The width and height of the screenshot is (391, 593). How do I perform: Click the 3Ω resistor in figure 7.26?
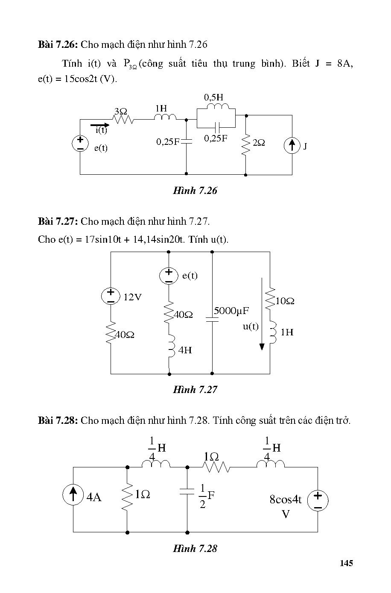(x=124, y=120)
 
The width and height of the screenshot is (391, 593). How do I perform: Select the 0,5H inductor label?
(x=213, y=97)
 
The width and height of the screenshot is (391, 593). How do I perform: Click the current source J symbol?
(x=292, y=146)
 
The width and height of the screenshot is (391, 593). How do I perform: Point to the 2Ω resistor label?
(x=259, y=143)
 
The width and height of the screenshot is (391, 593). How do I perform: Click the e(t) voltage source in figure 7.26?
(x=80, y=144)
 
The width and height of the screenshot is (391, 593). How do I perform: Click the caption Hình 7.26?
(x=195, y=191)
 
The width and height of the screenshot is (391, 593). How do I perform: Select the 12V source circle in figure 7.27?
(x=111, y=296)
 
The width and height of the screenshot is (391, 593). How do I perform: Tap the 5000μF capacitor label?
(x=231, y=311)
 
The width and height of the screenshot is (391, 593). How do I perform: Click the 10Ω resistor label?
(x=285, y=301)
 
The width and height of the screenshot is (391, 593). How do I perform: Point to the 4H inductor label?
(x=185, y=350)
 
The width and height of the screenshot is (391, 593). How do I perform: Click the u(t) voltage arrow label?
(x=251, y=326)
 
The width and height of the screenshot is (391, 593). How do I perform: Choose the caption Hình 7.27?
(x=195, y=390)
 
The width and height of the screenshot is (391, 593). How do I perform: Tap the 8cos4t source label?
(x=286, y=499)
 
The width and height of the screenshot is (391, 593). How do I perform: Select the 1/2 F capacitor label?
(x=207, y=496)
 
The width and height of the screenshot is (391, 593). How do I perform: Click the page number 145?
(x=346, y=563)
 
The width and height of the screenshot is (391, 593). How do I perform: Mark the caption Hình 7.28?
(x=195, y=549)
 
